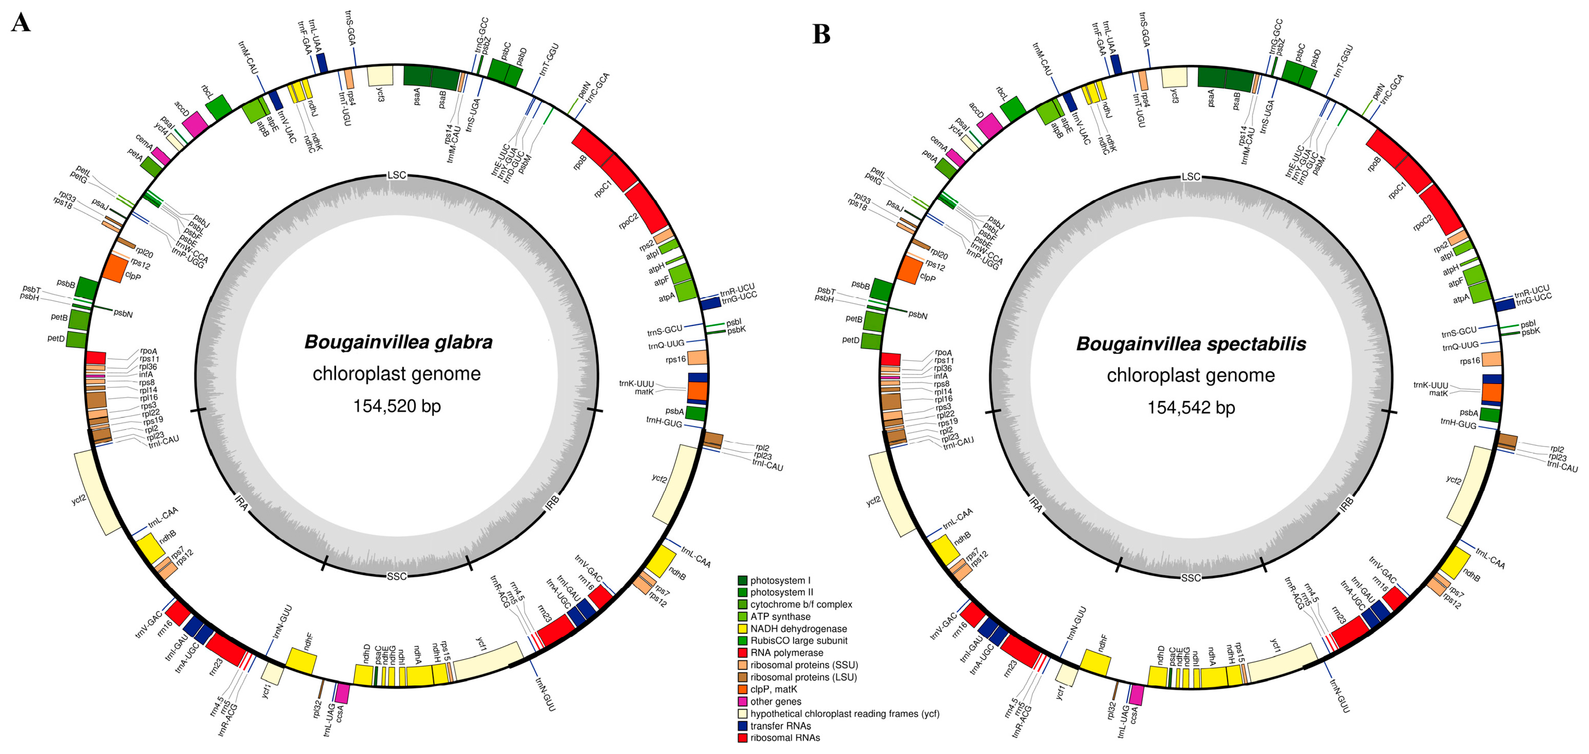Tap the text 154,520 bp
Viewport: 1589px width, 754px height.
(397, 406)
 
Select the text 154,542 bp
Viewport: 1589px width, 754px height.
(1191, 408)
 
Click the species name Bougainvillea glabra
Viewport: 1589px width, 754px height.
(398, 342)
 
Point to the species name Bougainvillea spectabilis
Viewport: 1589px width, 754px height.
(1191, 344)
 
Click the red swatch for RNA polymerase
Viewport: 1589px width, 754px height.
(743, 653)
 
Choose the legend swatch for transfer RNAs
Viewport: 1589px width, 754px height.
(743, 726)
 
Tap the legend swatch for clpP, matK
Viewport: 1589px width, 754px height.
(743, 689)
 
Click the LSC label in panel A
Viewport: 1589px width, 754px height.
(397, 175)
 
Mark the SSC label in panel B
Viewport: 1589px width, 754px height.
(1191, 578)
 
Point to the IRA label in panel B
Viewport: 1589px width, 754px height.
(1036, 505)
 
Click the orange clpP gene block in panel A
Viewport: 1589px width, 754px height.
(115, 268)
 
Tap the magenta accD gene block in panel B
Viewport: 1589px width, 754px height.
(989, 126)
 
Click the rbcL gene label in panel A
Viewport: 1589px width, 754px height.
(207, 93)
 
